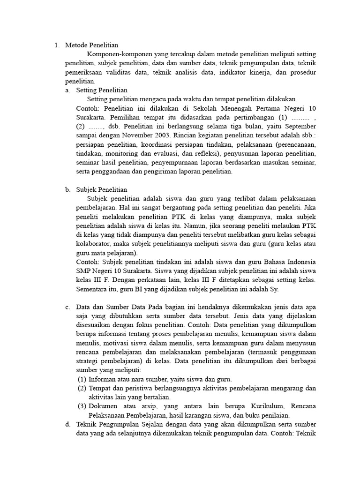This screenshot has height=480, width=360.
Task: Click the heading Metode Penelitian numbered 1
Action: click(91, 45)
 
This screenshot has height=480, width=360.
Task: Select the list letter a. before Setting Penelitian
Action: click(68, 90)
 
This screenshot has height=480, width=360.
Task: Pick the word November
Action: click(123, 135)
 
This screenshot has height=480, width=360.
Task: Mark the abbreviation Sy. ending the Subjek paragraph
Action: click(274, 289)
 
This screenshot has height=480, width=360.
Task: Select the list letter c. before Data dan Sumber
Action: click(68, 307)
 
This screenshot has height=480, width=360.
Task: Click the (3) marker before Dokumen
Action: click(82, 406)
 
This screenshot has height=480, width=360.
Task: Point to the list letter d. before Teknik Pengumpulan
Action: click(68, 425)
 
